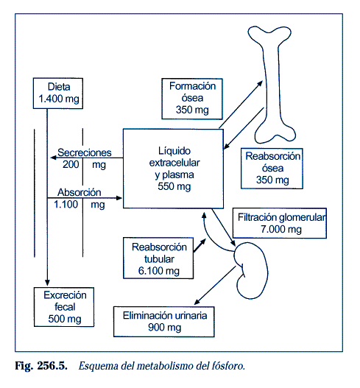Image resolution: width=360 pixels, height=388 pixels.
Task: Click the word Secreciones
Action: click(x=85, y=152)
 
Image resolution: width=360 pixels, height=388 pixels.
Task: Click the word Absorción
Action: click(x=80, y=192)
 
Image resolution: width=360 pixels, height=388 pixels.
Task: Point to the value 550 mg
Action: click(x=174, y=186)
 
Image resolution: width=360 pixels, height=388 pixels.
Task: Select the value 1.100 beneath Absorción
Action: click(x=66, y=205)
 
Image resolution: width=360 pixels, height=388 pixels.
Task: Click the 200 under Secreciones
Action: click(x=71, y=164)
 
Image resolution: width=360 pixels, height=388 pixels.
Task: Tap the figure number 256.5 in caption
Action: click(x=52, y=366)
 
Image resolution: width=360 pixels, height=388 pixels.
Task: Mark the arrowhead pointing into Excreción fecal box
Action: click(x=47, y=283)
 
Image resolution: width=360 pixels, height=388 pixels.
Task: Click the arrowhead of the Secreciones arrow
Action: click(x=54, y=158)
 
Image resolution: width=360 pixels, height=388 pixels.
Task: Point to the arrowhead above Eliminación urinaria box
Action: click(x=197, y=302)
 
